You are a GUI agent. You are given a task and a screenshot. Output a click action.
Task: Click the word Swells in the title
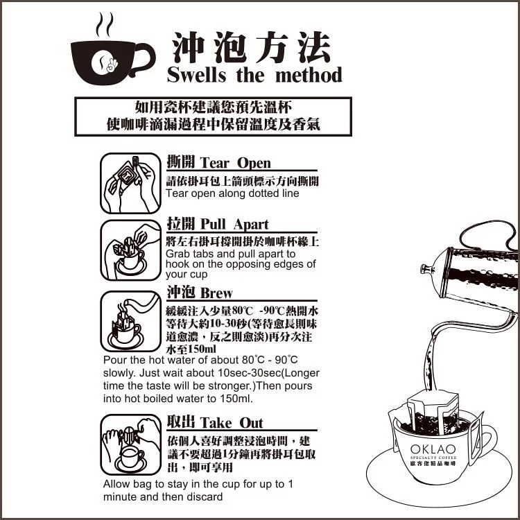[x=196, y=75]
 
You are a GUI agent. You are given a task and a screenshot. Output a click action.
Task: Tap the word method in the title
[x=309, y=75]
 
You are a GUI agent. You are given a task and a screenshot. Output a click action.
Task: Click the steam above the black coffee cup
[x=105, y=25]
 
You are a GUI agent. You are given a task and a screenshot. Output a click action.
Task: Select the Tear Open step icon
[x=130, y=183]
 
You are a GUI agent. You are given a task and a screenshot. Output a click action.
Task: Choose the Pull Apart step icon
[x=130, y=250]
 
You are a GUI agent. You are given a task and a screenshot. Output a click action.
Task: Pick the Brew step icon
[x=130, y=321]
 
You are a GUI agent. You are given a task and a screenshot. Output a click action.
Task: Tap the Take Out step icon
[x=130, y=444]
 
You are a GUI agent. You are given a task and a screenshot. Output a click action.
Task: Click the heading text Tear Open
[x=236, y=163]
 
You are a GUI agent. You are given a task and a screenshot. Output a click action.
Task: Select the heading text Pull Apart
[x=234, y=225]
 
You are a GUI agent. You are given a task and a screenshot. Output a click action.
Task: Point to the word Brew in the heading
[x=216, y=293]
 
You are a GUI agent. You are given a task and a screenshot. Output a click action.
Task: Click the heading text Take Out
[x=232, y=423]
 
